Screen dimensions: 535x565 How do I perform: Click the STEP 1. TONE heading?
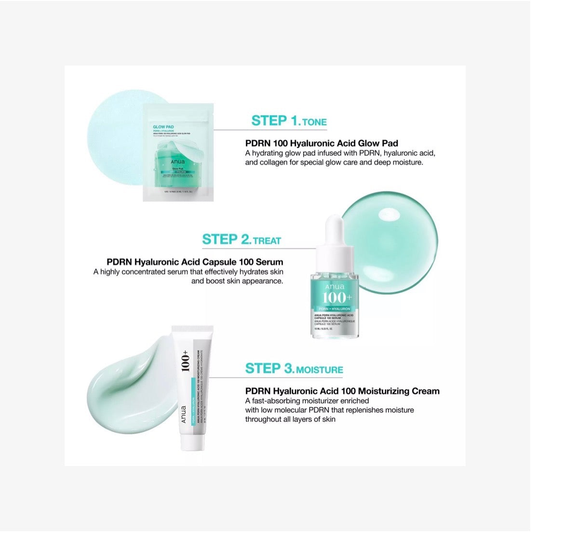289,121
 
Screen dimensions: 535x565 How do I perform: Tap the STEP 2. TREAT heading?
242,240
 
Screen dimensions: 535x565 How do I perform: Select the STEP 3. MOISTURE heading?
294,369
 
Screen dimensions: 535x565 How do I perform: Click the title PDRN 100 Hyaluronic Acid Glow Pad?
322,143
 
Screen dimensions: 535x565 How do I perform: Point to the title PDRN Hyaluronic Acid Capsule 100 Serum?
195,262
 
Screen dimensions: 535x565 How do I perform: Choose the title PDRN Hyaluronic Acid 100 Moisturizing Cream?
342,391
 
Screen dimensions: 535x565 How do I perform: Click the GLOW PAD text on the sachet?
157,127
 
